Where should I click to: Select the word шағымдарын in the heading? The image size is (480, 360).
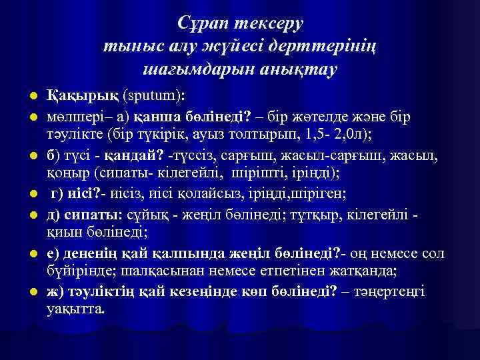200,69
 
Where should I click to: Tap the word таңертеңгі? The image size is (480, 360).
394,293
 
